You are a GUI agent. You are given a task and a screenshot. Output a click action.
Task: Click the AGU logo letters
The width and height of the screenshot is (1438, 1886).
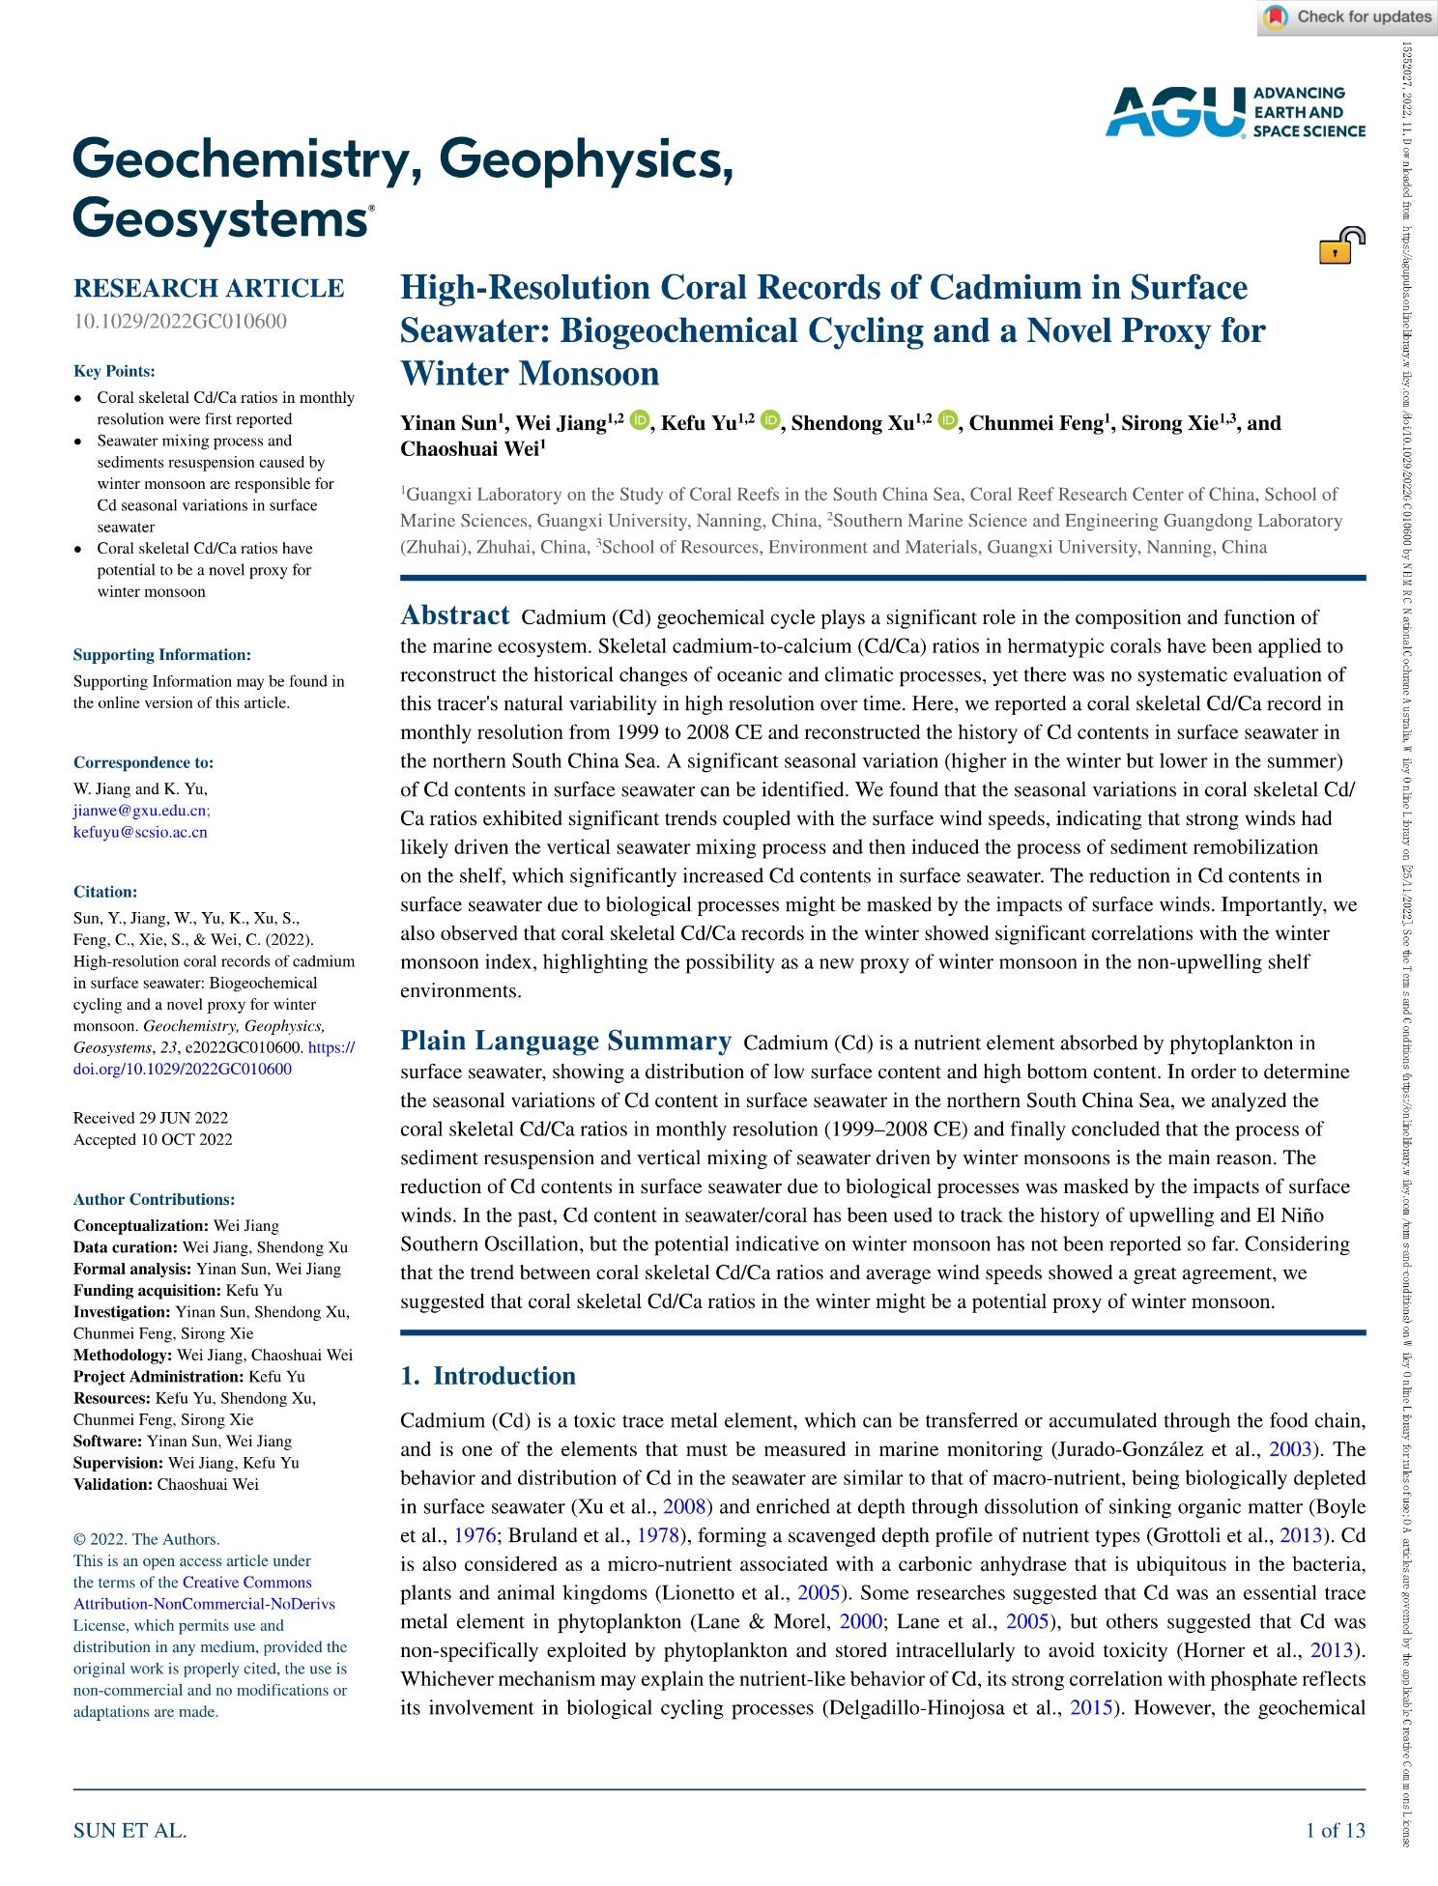coord(1175,111)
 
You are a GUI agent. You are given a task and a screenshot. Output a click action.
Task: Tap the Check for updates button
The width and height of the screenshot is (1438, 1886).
coord(1347,17)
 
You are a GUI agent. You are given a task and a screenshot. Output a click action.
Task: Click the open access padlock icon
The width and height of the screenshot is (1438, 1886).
coord(1341,245)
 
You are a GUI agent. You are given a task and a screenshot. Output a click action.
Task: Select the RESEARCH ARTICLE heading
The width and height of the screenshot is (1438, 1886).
coord(209,288)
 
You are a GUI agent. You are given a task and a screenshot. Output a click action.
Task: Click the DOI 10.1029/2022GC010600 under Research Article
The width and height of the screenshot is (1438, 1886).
coord(180,321)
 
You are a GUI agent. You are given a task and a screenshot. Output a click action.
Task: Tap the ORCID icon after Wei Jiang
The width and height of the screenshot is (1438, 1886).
coord(640,420)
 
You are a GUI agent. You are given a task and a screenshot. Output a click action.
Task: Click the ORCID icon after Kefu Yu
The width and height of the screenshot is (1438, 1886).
coord(770,420)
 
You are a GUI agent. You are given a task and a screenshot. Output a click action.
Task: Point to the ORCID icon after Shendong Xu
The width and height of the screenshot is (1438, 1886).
coord(948,420)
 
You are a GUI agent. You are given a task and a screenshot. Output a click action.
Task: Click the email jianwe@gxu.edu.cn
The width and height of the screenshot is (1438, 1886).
coord(141,811)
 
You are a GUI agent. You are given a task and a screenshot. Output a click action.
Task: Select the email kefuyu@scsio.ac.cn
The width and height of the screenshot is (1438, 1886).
coord(140,832)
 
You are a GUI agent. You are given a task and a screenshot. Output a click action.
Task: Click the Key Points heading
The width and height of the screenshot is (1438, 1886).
coord(114,371)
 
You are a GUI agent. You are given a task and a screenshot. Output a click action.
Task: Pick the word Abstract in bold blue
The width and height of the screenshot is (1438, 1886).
coord(454,615)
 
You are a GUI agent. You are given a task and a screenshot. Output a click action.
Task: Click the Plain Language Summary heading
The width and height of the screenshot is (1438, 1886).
coord(565,1041)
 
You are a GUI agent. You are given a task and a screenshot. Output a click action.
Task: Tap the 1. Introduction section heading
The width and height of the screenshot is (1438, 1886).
coord(488,1376)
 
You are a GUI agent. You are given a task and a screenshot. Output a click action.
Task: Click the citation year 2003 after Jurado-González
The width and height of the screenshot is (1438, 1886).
coord(1290,1449)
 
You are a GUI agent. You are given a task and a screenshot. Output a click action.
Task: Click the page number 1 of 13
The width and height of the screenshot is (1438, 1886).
coord(1335,1830)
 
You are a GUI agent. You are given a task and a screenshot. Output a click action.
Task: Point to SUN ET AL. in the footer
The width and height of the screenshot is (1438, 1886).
coord(129,1830)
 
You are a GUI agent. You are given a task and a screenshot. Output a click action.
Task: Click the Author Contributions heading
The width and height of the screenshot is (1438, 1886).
coord(154,1199)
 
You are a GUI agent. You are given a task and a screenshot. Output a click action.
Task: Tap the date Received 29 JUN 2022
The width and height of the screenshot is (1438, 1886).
coord(151,1118)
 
